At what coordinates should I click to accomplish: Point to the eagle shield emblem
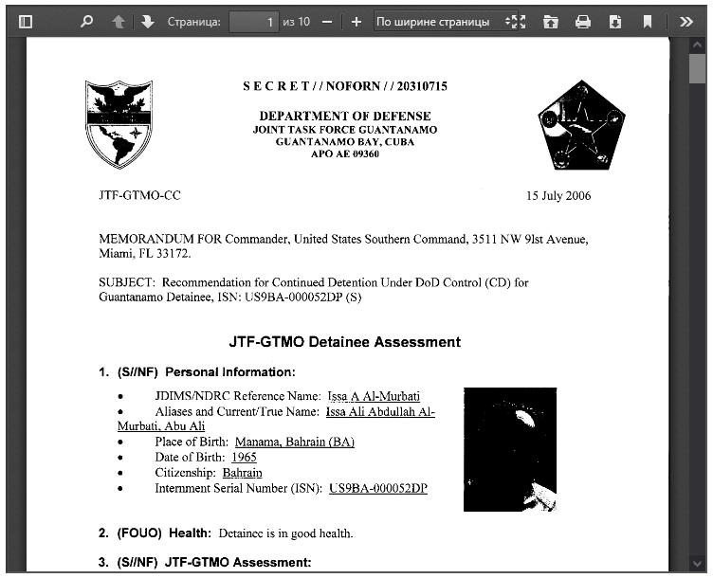pos(119,124)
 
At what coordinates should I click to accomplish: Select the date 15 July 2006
pos(558,196)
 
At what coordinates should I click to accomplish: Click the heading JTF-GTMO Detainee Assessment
pos(345,342)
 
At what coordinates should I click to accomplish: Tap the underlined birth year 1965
pos(244,457)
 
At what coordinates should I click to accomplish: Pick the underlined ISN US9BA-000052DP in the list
pos(378,488)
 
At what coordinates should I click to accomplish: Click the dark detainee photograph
pos(509,449)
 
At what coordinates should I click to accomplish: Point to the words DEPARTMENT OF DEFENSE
pos(344,116)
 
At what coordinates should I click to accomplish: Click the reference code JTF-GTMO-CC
pos(139,196)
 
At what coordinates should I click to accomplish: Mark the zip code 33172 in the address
pos(175,254)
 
